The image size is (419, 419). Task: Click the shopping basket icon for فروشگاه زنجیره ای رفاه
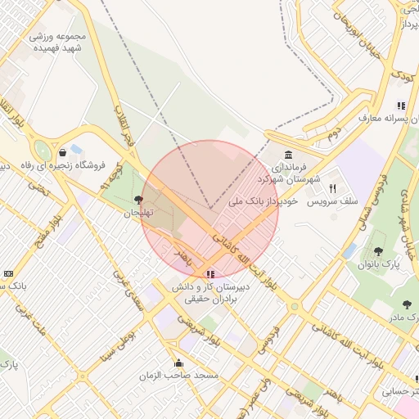pyautogui.click(x=63, y=152)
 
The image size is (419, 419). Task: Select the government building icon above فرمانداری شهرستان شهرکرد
pyautogui.click(x=288, y=155)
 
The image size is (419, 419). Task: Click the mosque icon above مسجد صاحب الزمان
pyautogui.click(x=178, y=363)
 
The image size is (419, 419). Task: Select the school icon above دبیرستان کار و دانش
pyautogui.click(x=210, y=275)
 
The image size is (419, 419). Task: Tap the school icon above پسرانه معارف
pyautogui.click(x=401, y=106)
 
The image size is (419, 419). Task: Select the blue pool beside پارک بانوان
pyautogui.click(x=350, y=250)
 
